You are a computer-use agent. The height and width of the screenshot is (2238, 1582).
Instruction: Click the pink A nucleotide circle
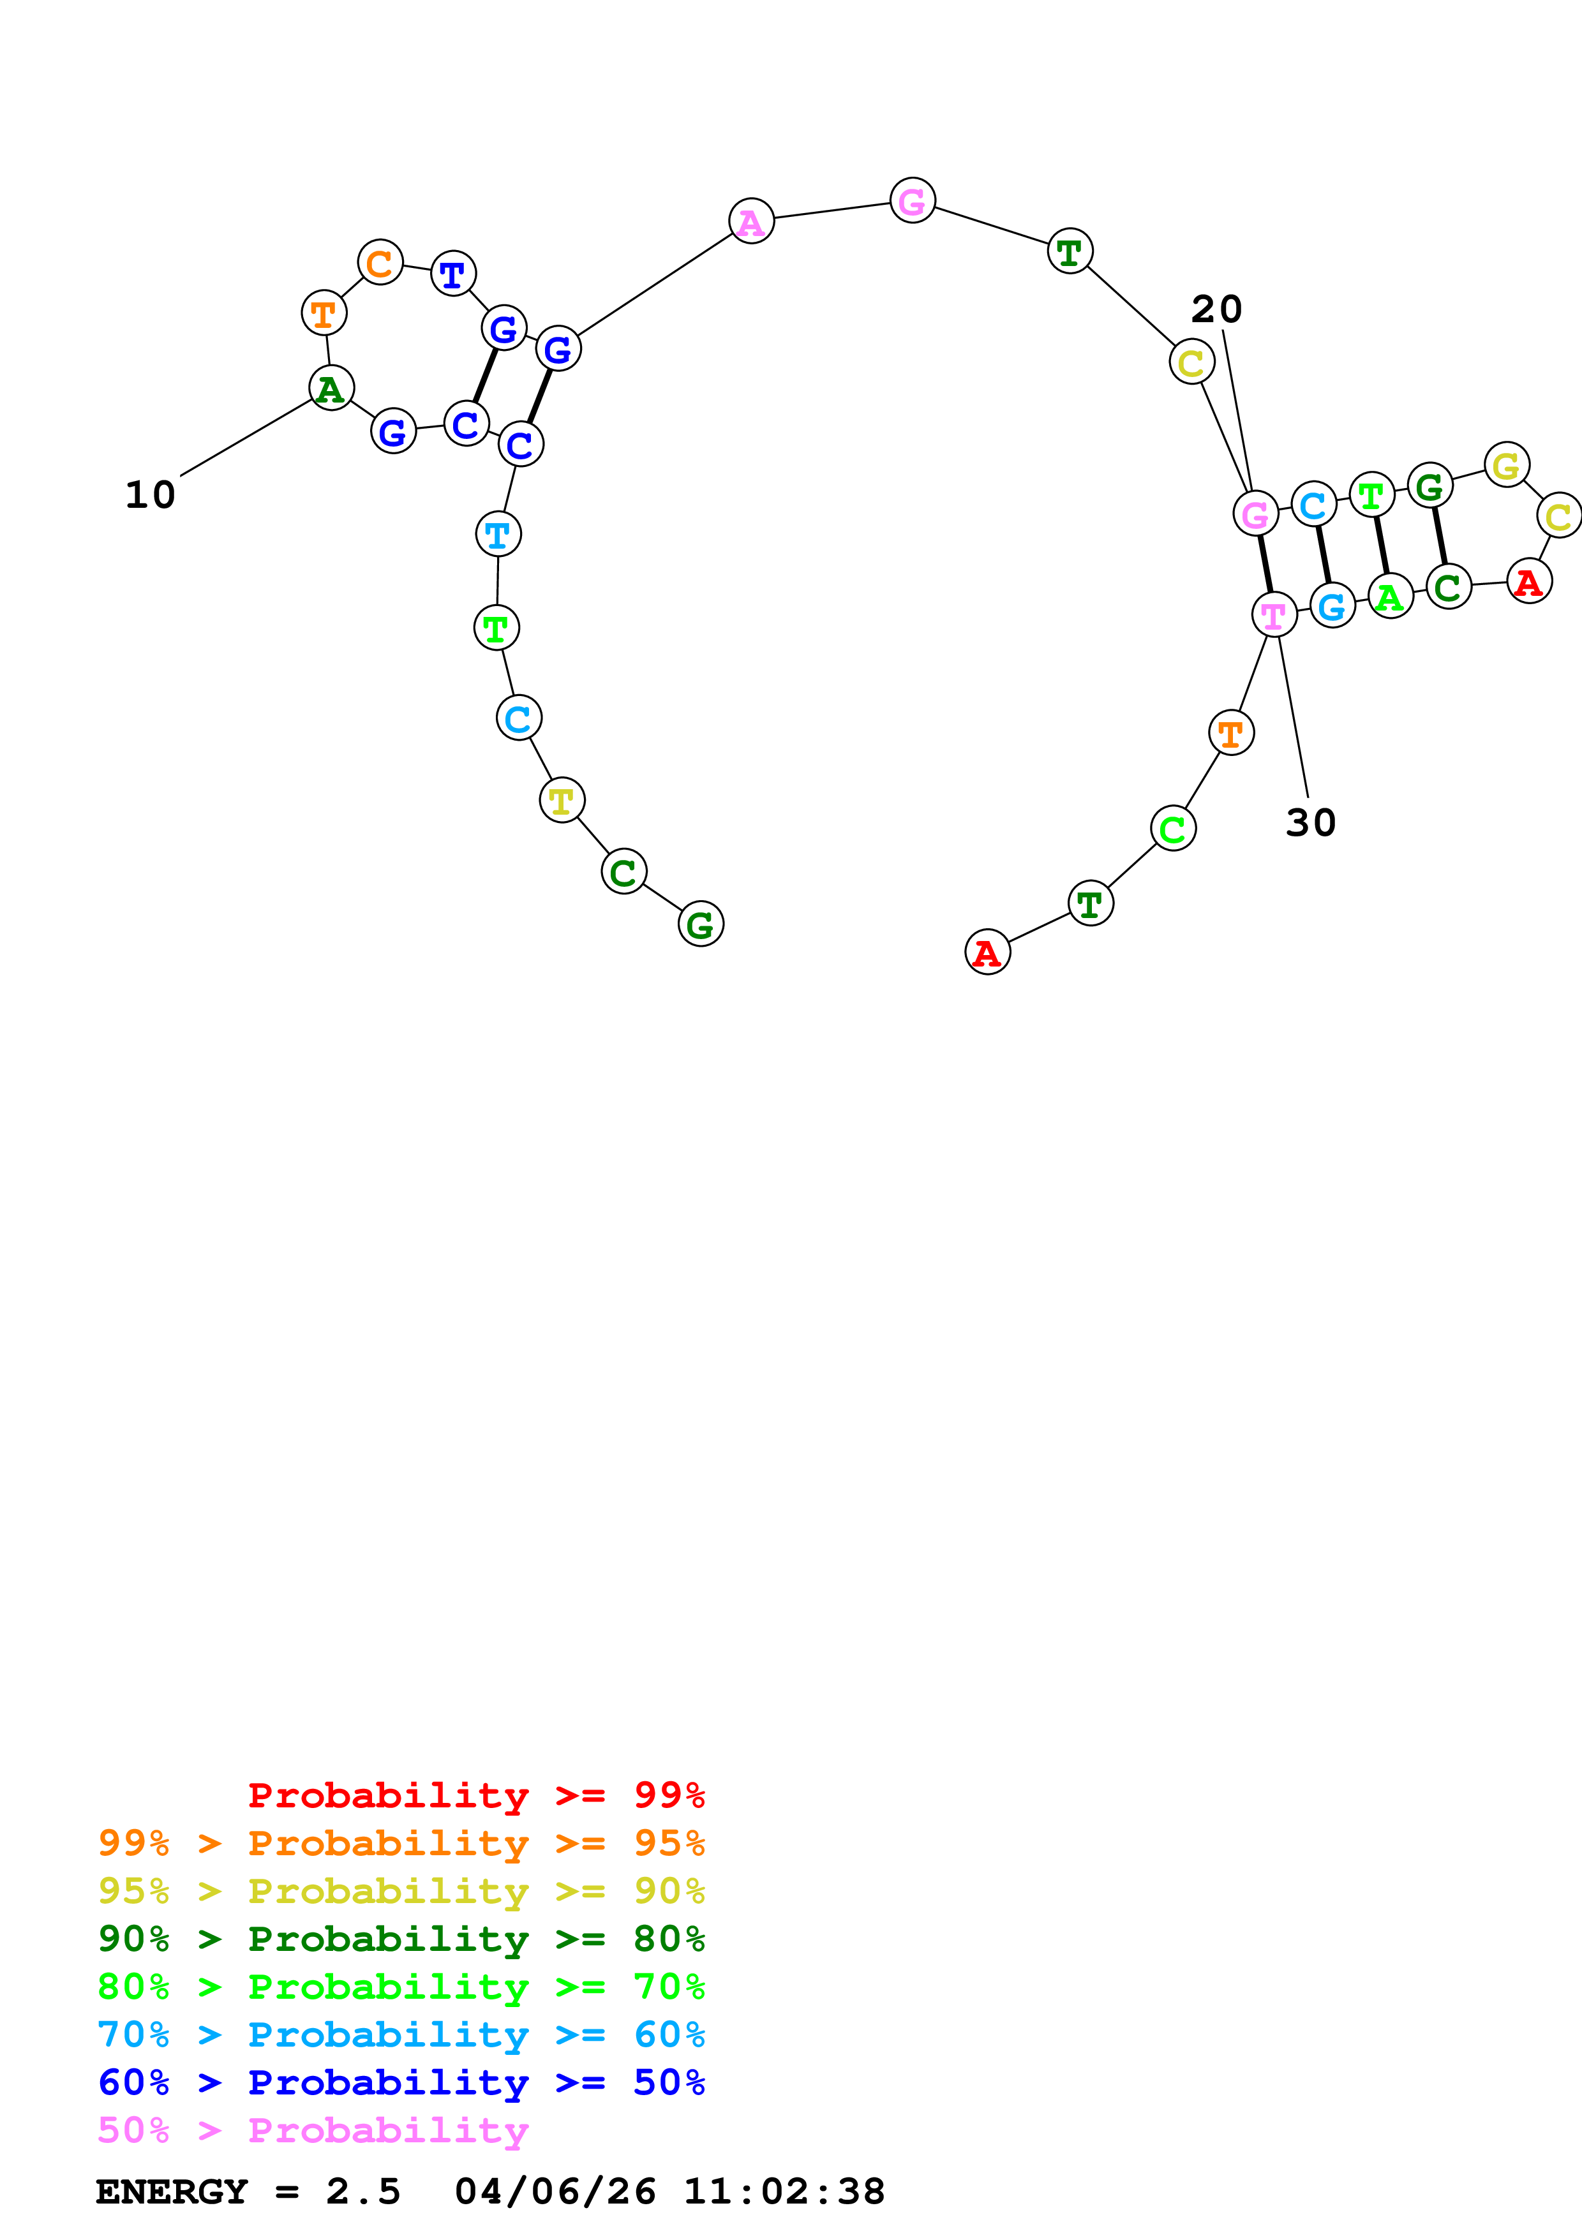coord(750,221)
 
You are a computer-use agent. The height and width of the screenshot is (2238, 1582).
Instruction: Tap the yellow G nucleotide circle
coord(1506,465)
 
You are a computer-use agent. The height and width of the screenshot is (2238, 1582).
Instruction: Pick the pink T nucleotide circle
coord(1273,614)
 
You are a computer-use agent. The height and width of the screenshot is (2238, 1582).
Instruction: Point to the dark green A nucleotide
coord(331,388)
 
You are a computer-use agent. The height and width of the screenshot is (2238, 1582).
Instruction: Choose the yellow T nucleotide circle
coord(562,800)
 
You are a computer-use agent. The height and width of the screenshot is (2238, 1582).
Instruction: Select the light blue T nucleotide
coord(498,534)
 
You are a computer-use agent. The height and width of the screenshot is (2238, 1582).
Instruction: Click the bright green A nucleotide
coord(1390,596)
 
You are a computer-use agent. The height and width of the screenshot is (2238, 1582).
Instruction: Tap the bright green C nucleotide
coord(1172,829)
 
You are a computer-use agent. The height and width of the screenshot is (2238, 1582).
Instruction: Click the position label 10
coord(150,494)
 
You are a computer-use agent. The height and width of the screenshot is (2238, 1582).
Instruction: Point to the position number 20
coord(1216,309)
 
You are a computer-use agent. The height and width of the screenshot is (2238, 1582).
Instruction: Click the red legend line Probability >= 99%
coord(475,1795)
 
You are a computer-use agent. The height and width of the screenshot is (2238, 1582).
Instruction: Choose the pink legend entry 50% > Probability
coord(313,2130)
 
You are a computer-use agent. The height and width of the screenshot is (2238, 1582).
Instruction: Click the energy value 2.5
coord(362,2191)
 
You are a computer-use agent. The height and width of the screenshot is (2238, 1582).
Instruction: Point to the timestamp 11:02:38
coord(784,2191)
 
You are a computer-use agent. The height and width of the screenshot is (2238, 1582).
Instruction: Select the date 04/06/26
coord(555,2191)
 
